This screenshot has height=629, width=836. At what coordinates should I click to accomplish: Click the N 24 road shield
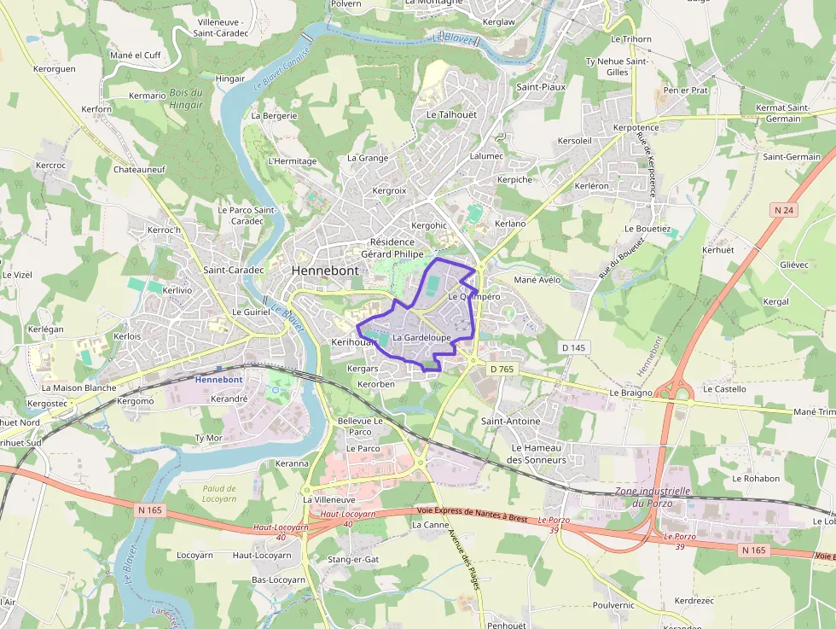pyautogui.click(x=784, y=209)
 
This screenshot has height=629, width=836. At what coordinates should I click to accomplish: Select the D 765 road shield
pyautogui.click(x=503, y=369)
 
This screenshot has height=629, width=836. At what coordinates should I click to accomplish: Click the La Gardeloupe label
pyautogui.click(x=421, y=338)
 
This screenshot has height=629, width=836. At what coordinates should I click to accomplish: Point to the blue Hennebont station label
pyautogui.click(x=218, y=379)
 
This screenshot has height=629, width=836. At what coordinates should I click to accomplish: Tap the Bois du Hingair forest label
pyautogui.click(x=186, y=99)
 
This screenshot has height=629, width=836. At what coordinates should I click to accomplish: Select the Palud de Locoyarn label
pyautogui.click(x=219, y=493)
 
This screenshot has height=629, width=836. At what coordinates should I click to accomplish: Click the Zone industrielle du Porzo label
pyautogui.click(x=653, y=497)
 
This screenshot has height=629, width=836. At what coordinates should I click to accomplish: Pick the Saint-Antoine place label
pyautogui.click(x=511, y=422)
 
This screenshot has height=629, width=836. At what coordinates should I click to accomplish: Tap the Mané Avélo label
pyautogui.click(x=537, y=279)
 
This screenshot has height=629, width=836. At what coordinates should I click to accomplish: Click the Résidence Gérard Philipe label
pyautogui.click(x=392, y=248)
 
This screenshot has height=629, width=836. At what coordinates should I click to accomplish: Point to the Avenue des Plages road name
pyautogui.click(x=465, y=559)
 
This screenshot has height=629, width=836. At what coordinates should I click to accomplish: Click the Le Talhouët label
pyautogui.click(x=451, y=114)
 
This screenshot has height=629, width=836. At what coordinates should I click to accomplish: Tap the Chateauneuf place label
pyautogui.click(x=139, y=170)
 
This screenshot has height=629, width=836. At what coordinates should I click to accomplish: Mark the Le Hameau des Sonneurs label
pyautogui.click(x=537, y=454)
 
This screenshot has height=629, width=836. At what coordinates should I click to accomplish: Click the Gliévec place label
pyautogui.click(x=794, y=265)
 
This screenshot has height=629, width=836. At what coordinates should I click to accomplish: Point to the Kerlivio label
pyautogui.click(x=177, y=291)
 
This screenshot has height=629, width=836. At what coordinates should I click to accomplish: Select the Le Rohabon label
pyautogui.click(x=756, y=479)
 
